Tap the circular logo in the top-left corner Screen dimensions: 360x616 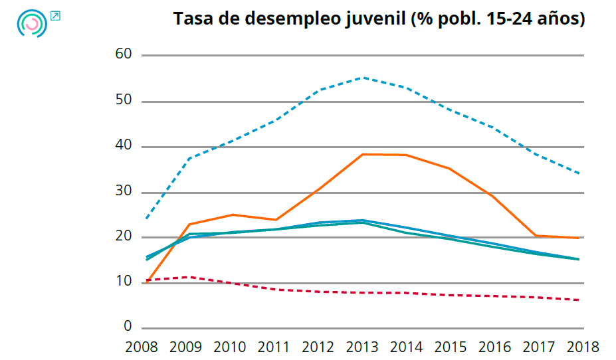31,23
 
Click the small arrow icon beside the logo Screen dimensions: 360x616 55,16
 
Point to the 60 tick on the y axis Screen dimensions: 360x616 124,55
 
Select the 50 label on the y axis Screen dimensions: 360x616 124,101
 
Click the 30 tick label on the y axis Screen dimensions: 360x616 124,192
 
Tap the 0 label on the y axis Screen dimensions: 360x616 128,327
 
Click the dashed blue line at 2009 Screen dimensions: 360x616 190,158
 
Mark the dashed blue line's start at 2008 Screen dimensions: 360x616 146,219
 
